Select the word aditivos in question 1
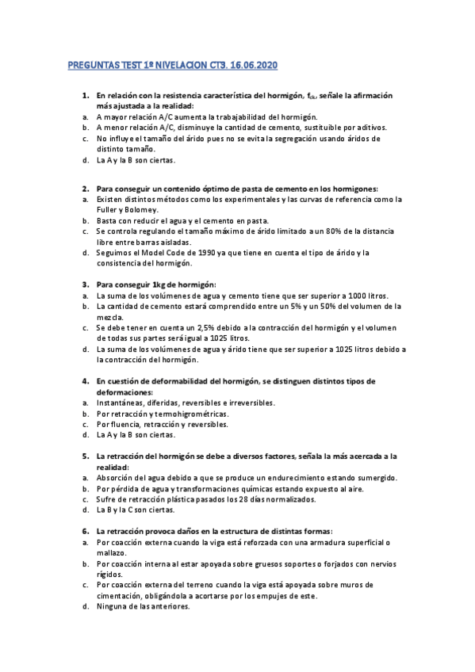tap(370, 127)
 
